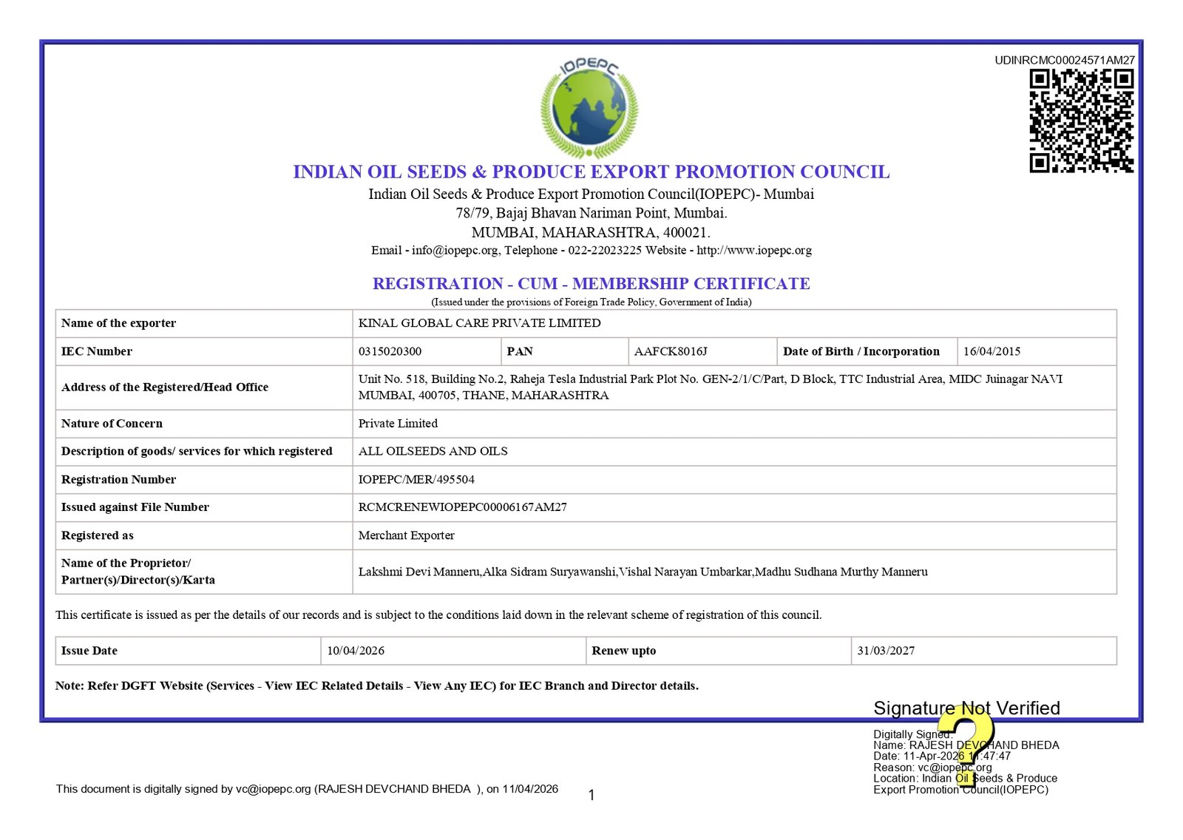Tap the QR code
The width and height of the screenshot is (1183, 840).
coord(1082,121)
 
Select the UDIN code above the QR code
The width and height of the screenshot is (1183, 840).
coord(1065,60)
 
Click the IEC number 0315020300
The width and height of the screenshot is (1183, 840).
coord(390,351)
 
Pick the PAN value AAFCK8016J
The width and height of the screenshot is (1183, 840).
coord(671,351)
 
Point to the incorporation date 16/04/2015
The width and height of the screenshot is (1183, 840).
coord(992,351)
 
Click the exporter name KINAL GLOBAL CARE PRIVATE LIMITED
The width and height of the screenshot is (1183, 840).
coord(479,323)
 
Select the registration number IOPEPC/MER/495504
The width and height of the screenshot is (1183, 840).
coord(416,479)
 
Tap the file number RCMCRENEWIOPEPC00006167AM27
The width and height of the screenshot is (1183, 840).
coord(462,507)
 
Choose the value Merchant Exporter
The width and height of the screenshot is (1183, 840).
coord(406,535)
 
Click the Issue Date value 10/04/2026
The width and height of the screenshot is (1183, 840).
coord(356,651)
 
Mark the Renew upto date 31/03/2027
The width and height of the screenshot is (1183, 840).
coord(886,651)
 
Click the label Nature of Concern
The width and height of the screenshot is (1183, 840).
coord(112,424)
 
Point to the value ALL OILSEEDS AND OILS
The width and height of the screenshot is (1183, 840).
coord(433,451)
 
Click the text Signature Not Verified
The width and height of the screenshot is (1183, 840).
coord(966,708)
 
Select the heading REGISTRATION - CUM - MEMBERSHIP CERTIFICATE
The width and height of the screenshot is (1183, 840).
coord(591,284)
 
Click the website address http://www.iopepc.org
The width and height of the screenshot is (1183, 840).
coord(754,250)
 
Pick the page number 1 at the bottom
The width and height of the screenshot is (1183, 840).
coord(591,796)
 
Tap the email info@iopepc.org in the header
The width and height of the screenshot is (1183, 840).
coord(455,250)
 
